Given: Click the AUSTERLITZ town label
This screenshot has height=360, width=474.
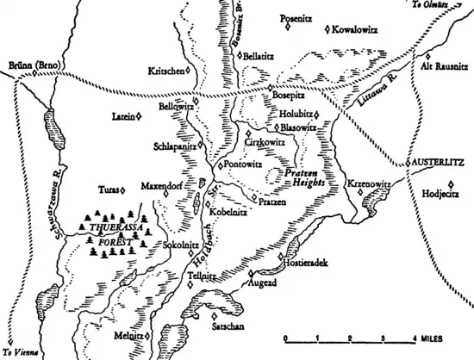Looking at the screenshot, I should (x=440, y=161).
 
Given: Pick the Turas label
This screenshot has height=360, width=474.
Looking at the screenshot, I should (x=107, y=189).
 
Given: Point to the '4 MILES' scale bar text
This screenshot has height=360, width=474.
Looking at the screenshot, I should (x=432, y=338).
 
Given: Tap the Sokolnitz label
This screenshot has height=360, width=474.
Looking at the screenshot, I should (x=179, y=245).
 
